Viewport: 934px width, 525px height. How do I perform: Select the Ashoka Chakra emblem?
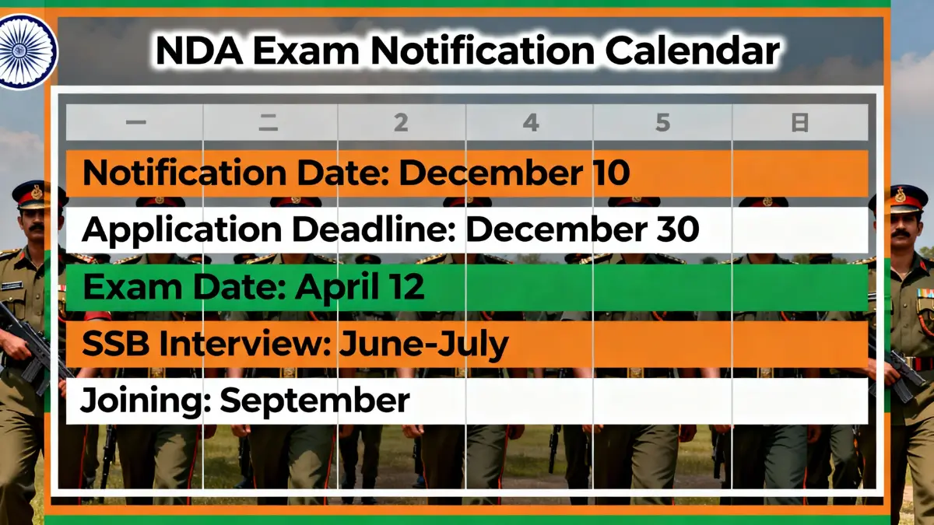26,51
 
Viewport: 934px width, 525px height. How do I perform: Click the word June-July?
423,344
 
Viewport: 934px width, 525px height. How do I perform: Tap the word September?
314,401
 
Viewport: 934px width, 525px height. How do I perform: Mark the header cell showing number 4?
530,123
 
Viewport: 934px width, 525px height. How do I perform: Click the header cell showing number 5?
662,123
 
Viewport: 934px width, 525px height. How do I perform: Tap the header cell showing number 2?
401,123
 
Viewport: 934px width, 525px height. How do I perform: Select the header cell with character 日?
799,123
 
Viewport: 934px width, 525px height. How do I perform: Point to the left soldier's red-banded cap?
30,194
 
